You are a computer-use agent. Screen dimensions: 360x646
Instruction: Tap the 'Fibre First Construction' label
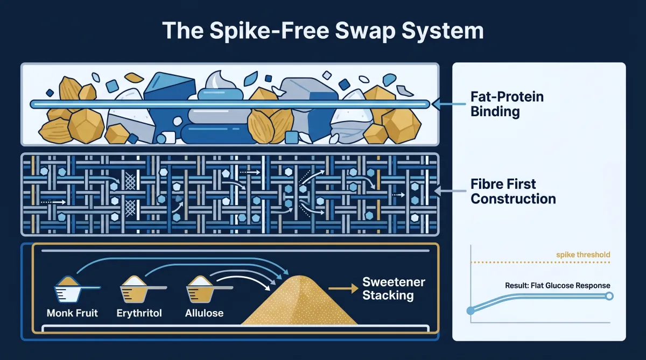[513, 191]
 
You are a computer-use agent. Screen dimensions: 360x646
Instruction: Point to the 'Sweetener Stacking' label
[394, 288]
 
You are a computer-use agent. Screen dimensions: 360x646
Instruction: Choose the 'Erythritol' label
[139, 313]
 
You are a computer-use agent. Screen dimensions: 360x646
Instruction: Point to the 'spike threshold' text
[582, 255]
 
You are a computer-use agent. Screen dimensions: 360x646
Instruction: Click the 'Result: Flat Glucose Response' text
[558, 285]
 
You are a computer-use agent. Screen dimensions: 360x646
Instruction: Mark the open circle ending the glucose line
[609, 296]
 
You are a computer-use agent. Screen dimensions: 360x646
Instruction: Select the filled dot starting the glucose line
[471, 310]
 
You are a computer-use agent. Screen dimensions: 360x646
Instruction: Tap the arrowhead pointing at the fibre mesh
[438, 190]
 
